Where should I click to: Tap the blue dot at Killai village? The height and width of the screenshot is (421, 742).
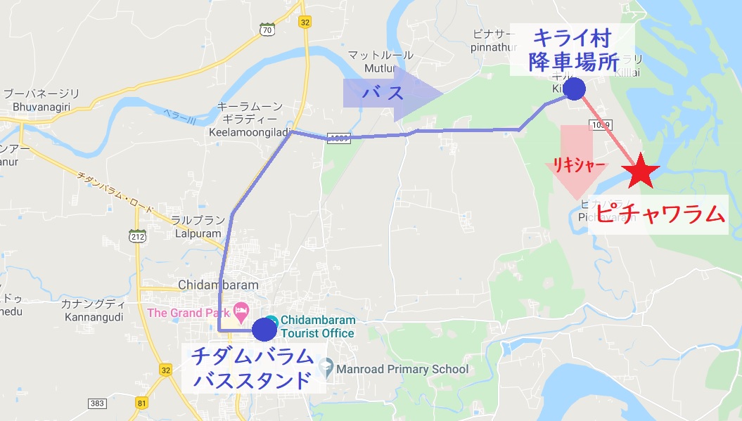pos(575,89)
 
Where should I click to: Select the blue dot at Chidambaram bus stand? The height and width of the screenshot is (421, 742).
pos(264,328)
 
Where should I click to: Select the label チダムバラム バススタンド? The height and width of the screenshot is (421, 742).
pos(252,368)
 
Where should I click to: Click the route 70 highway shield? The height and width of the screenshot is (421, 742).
pos(266,30)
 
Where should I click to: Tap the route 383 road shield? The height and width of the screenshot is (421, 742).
pos(97,403)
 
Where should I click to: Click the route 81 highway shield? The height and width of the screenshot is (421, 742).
pos(142,403)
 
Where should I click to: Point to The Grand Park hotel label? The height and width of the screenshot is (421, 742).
pos(188,313)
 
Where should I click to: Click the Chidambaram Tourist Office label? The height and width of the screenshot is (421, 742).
pos(317,327)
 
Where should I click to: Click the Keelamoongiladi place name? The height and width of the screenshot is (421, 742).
pos(250,131)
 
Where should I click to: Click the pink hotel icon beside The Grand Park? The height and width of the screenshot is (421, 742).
pos(241,310)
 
